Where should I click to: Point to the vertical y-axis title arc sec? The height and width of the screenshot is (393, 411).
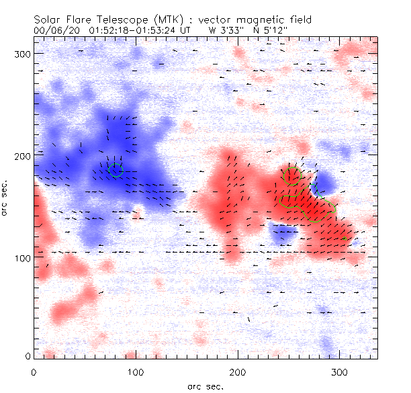(x=6, y=198)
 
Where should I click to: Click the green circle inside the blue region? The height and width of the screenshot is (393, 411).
(x=116, y=170)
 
